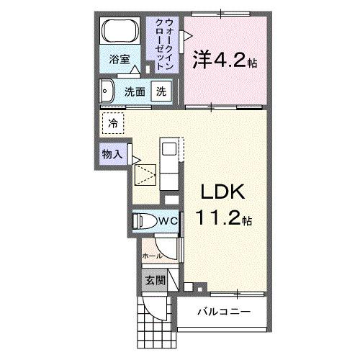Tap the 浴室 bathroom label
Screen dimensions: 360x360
pos(120,60)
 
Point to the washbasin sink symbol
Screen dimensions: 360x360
pos(107,91)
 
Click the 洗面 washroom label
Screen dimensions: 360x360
pos(135,92)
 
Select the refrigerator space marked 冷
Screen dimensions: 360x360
pos(113,124)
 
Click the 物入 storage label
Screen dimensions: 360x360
pos(111,153)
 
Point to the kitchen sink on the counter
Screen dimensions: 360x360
pos(168,149)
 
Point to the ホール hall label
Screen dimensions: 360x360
pos(151,256)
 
